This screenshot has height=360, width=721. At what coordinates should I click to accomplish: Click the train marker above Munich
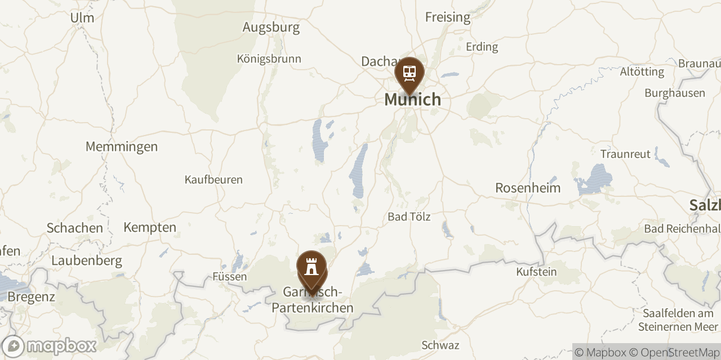[x=410, y=73]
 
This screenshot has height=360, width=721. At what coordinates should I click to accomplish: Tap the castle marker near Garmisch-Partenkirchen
[x=311, y=266]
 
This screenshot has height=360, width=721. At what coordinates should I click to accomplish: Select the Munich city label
[x=412, y=100]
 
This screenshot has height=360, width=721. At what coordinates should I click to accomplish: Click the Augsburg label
[x=270, y=27]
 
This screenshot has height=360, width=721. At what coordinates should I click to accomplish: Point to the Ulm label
[x=82, y=18]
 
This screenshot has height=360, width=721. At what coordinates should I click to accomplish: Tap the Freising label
[x=447, y=17]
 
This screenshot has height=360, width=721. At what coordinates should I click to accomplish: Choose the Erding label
[x=482, y=47]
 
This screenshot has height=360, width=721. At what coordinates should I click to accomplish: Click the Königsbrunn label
[x=269, y=58]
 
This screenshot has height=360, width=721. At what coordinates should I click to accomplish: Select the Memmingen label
[x=122, y=147]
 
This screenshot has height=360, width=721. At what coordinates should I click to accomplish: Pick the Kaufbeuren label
[x=213, y=180]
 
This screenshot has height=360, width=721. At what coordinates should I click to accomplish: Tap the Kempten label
[x=150, y=228]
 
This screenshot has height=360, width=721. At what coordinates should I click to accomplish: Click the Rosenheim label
[x=528, y=188]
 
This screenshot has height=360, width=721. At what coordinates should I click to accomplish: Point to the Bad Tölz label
[x=409, y=217]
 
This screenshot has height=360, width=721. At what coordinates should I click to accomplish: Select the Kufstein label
[x=536, y=272]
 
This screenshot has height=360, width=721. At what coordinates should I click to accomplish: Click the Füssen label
[x=229, y=277]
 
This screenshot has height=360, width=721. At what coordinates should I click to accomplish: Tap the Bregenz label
[x=32, y=297]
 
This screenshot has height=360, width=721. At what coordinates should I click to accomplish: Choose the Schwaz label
[x=440, y=345]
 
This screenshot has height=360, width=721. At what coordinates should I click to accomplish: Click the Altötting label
[x=642, y=72]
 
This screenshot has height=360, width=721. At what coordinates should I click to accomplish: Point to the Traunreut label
[x=625, y=154]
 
